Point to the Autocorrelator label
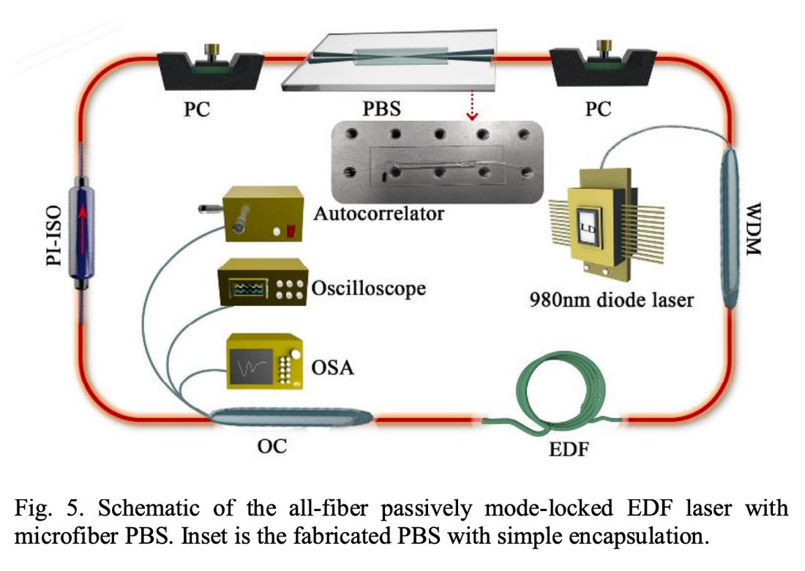pos(378,214)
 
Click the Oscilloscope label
pos(368,288)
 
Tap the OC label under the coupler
pos(271,445)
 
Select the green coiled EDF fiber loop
pos(561,392)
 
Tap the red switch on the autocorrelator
pos(291,231)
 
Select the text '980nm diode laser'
pos(611,300)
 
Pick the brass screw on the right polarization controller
pos(604,50)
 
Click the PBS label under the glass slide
pos(383,110)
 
